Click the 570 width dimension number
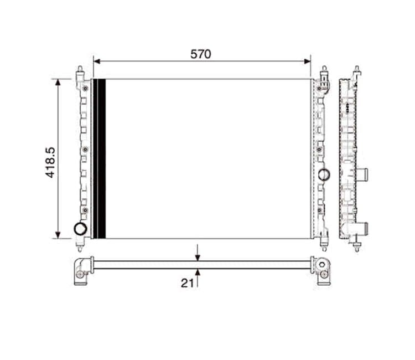click(x=201, y=54)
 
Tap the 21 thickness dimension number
click(x=188, y=283)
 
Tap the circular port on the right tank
click(x=324, y=174)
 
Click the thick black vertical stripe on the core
click(x=100, y=159)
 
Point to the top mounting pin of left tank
click(x=81, y=71)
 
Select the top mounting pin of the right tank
click(x=324, y=71)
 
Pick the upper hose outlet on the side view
click(x=364, y=176)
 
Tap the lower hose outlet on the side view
click(x=364, y=228)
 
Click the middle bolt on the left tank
click(x=85, y=150)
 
